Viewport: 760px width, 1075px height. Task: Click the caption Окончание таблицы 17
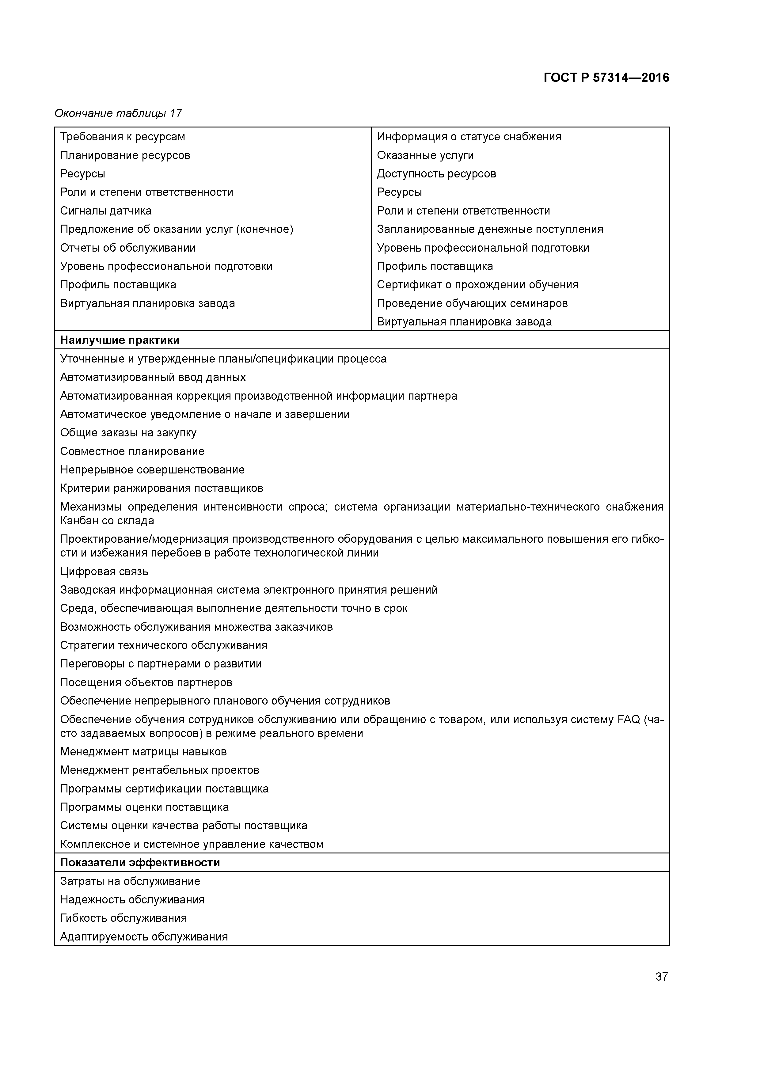(118, 113)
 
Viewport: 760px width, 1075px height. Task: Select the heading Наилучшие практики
(120, 340)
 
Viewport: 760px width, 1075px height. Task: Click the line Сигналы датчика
(106, 211)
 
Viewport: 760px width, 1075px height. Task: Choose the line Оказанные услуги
(425, 155)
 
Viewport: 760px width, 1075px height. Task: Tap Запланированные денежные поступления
(490, 229)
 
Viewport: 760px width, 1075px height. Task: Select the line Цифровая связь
(104, 571)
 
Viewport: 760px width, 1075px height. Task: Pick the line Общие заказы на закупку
(128, 433)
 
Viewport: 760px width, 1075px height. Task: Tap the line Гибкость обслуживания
(123, 918)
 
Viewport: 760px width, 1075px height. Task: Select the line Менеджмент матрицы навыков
(143, 751)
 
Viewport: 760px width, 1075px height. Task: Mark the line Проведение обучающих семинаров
(472, 303)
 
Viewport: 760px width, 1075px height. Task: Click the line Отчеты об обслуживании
(128, 248)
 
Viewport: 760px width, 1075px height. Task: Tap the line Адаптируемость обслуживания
(144, 936)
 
